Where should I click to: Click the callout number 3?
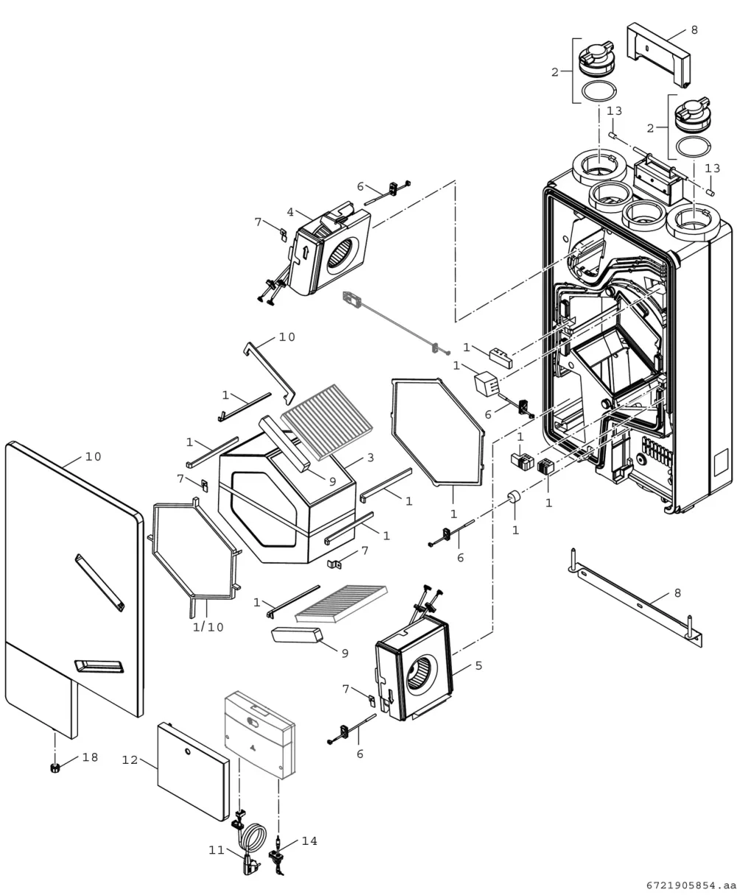pyautogui.click(x=370, y=457)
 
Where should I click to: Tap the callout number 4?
pyautogui.click(x=290, y=211)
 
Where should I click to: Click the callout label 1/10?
pyautogui.click(x=208, y=627)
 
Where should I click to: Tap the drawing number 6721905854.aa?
pyautogui.click(x=691, y=885)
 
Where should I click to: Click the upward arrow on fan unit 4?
pyautogui.click(x=305, y=253)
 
